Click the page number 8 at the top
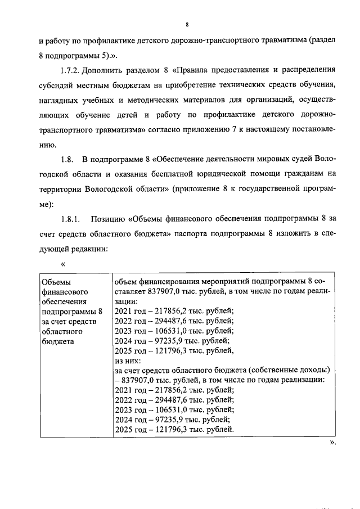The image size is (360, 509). coord(186,25)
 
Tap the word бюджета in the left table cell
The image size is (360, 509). coord(57,341)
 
